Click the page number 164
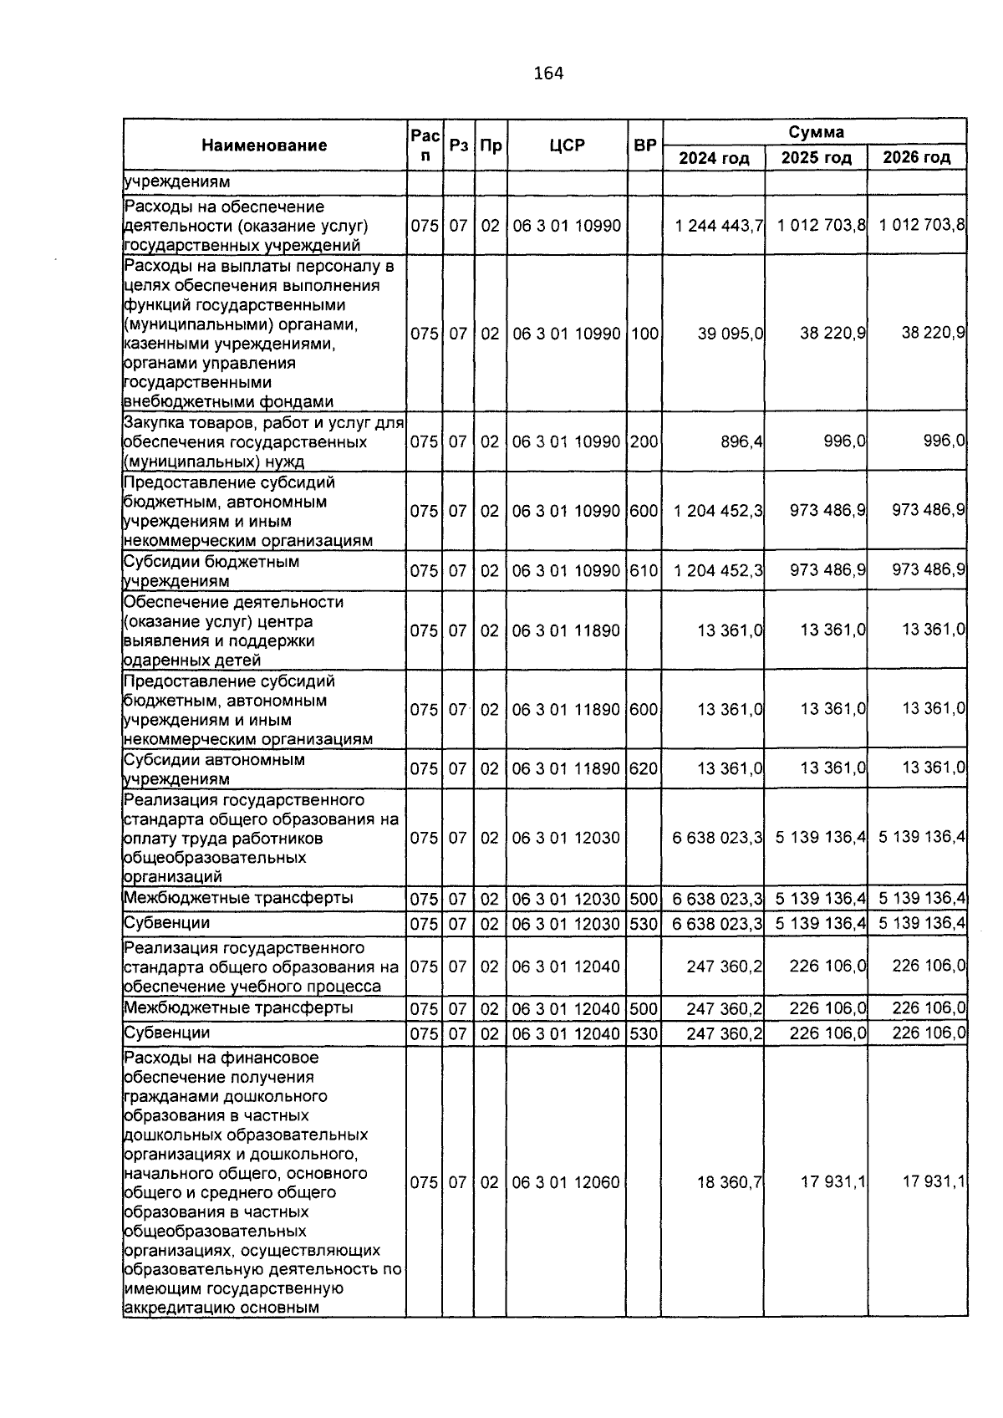548,74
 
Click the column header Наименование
264,145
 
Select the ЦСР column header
568,145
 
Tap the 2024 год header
714,158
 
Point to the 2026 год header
917,158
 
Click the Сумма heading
815,132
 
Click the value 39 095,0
730,333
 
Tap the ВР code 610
644,571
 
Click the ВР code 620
644,768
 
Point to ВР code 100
644,333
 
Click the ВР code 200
644,441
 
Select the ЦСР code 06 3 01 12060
566,1183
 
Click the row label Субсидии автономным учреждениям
214,769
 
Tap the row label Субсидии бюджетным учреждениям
211,571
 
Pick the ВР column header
644,145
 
